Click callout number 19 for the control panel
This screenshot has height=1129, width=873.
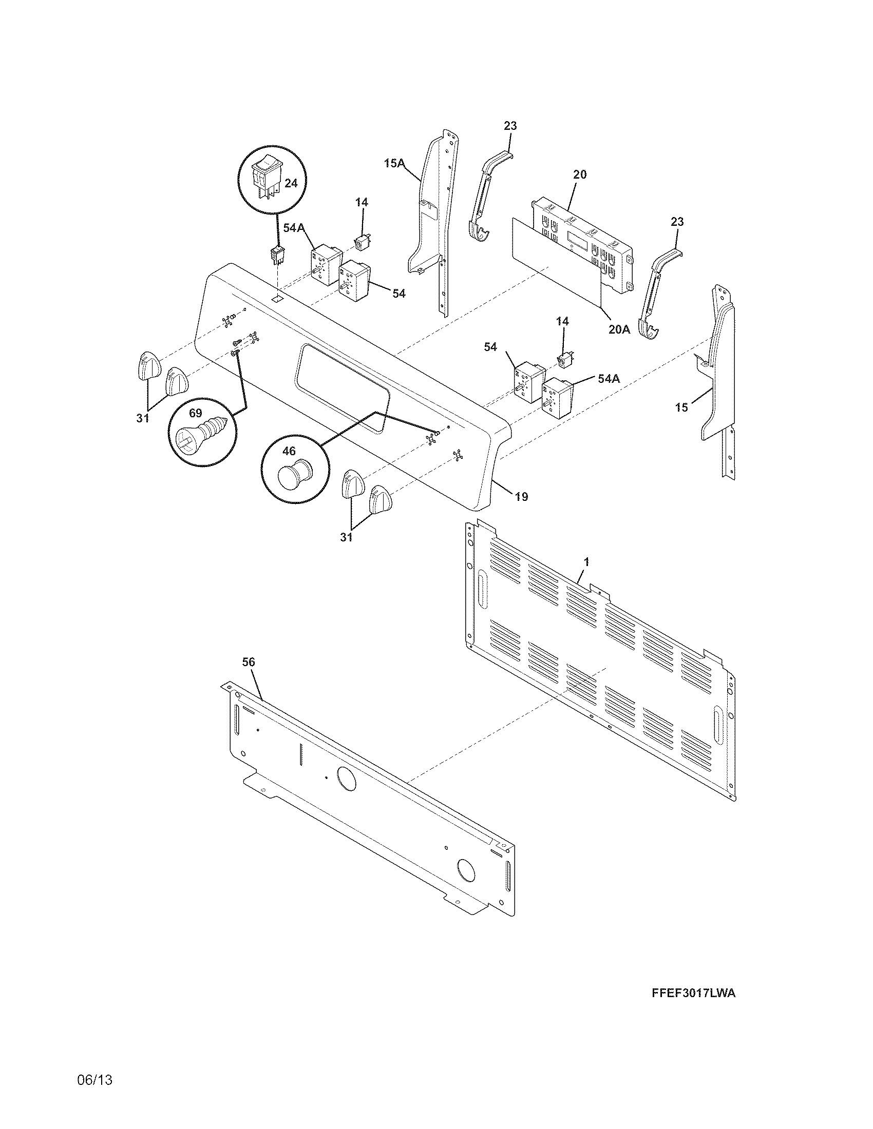[521, 497]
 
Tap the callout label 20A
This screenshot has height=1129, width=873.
[619, 329]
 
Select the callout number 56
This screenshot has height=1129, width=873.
[249, 661]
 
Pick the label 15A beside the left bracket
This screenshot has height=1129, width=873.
[393, 163]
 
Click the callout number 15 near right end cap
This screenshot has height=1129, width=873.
[681, 407]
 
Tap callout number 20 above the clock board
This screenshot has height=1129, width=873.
[580, 174]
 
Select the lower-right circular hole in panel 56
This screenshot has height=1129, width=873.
[465, 870]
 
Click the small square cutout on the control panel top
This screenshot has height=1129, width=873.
[278, 298]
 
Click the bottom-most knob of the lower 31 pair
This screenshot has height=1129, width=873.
[379, 499]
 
